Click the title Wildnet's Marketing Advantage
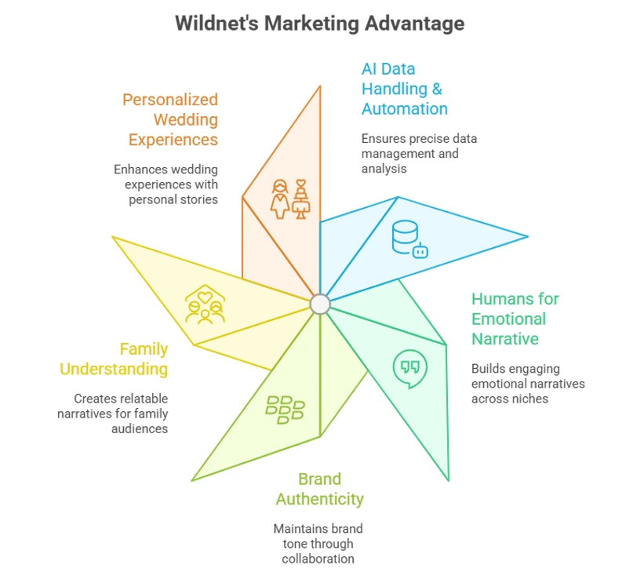click(x=318, y=24)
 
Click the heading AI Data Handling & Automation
click(x=404, y=89)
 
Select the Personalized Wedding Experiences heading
click(x=170, y=119)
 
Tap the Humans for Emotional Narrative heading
click(x=515, y=319)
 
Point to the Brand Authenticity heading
click(x=319, y=488)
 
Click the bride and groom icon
click(x=290, y=198)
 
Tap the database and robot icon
click(x=409, y=239)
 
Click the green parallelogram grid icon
click(x=285, y=409)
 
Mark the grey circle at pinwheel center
click(x=319, y=304)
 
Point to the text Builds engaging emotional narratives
click(x=527, y=383)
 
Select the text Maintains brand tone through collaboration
click(x=318, y=543)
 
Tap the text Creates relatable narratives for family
click(x=114, y=414)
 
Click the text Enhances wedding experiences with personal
click(x=166, y=184)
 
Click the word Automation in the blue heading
click(x=404, y=109)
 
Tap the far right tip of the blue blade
click(x=527, y=235)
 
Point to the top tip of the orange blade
click(x=320, y=86)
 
